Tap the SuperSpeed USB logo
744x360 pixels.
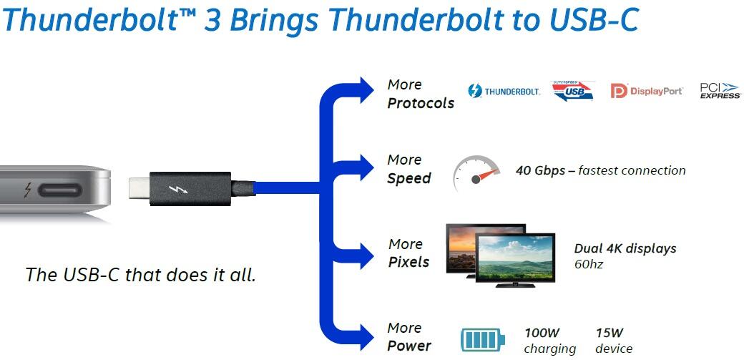point(572,92)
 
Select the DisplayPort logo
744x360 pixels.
point(647,91)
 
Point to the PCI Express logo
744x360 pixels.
point(719,91)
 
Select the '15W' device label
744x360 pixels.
point(610,332)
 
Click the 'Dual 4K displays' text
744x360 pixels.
point(625,248)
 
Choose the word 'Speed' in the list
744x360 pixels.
point(409,178)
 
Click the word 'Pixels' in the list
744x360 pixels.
point(408,262)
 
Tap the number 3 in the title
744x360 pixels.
point(212,19)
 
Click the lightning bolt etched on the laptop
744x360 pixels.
point(27,191)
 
